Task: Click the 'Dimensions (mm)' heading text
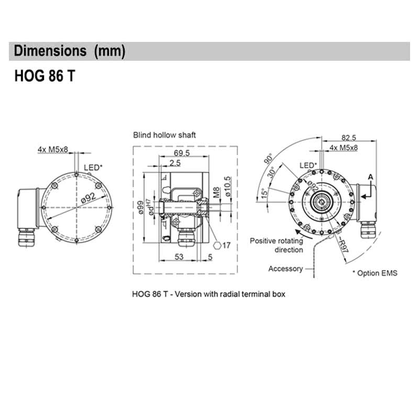coord(70,51)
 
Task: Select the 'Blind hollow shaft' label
coord(164,135)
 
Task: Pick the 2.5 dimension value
coord(175,163)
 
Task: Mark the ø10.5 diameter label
coord(227,186)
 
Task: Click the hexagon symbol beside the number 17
coord(216,245)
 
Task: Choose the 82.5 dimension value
coord(349,138)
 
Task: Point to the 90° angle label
coord(269,160)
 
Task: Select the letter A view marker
coord(370,178)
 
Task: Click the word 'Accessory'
coord(285,269)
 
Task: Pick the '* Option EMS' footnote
coord(374,273)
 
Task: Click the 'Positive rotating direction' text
coord(277,245)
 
